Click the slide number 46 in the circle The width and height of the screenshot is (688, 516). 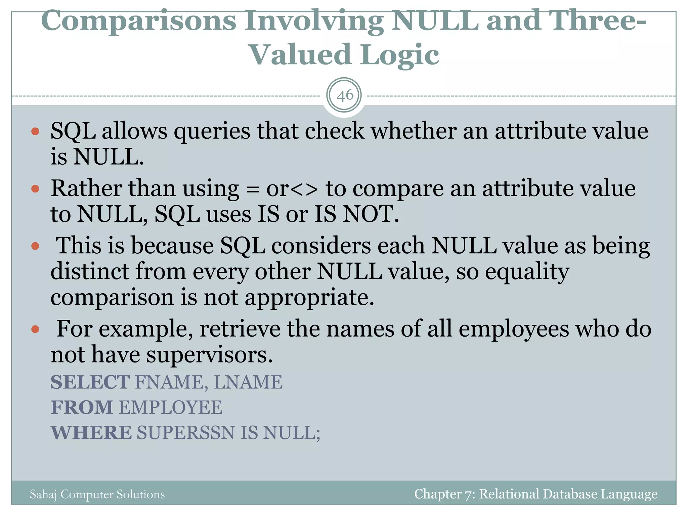point(345,96)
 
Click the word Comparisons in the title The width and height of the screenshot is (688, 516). point(138,21)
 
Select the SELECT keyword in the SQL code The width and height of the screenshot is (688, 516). point(90,382)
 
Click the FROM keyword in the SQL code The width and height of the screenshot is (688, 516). point(82,407)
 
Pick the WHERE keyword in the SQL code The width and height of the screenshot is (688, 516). point(91,433)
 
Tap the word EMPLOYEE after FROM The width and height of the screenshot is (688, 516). point(171,407)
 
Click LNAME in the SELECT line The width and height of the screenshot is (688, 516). point(248,382)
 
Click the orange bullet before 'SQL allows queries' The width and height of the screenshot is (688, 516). point(35,131)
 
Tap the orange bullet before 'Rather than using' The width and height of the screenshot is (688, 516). point(35,189)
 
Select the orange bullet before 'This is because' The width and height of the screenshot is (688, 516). point(35,246)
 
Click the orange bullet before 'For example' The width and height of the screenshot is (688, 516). point(35,329)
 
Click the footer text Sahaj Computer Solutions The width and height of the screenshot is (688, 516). point(97,494)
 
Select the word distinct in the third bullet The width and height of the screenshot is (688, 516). point(90,271)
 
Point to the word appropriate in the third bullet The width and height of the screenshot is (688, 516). point(309,298)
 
